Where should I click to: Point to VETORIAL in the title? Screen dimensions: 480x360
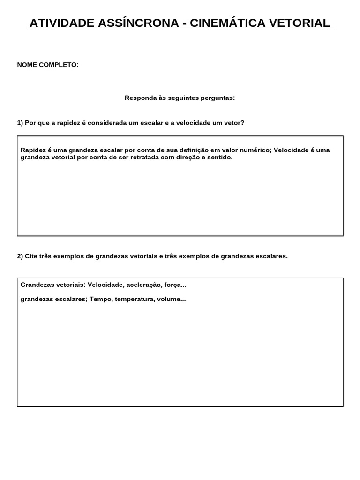(298, 23)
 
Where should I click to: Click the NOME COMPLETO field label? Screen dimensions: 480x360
(48, 65)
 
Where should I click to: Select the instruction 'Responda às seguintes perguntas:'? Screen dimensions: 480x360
(180, 98)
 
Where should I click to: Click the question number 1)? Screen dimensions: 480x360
(20, 123)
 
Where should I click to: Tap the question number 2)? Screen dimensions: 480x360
(20, 256)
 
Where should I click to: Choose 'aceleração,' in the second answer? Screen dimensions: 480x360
(142, 285)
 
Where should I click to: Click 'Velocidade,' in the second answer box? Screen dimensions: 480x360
(106, 285)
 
